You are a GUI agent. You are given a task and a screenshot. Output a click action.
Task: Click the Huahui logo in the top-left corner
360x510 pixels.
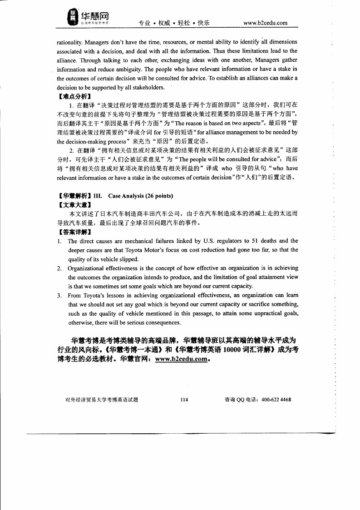[x=89, y=17]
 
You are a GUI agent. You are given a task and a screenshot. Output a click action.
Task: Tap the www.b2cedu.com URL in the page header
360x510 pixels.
[x=265, y=23]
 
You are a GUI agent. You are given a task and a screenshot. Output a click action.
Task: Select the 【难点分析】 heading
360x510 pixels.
[x=74, y=96]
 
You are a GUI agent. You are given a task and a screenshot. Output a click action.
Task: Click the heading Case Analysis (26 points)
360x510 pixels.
[x=140, y=196]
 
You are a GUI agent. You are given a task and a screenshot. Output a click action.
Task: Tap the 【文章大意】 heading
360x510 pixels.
[x=74, y=204]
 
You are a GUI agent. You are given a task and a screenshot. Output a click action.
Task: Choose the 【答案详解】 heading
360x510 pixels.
[x=74, y=232]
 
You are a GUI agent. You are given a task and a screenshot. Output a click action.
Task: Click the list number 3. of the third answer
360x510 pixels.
[x=59, y=295]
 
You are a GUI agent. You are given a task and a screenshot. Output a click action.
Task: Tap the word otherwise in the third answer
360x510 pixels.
[x=80, y=322]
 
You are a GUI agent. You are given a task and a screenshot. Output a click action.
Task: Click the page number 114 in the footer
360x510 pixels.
[x=184, y=400]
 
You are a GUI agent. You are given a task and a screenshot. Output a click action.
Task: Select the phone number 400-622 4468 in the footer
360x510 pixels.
[x=276, y=400]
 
